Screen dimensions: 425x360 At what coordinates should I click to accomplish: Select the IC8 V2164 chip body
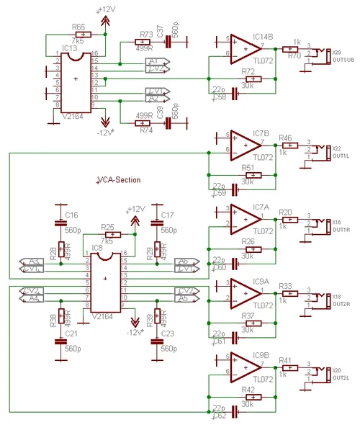click(105, 280)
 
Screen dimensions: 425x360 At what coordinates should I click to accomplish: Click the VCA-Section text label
click(118, 179)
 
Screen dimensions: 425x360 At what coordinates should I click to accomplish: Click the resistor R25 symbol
click(110, 234)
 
